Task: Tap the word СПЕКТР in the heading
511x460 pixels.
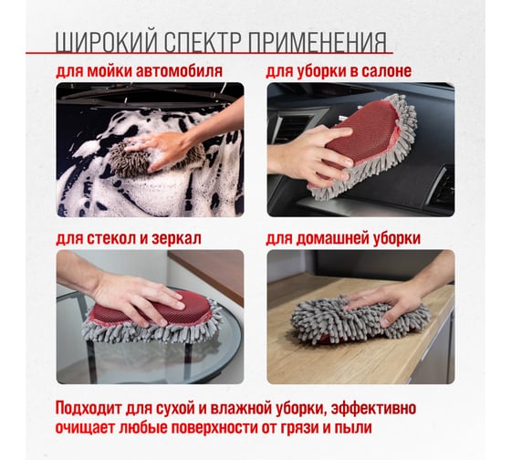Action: point(203,42)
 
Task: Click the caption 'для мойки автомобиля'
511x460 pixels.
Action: point(139,71)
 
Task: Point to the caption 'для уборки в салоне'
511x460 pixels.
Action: point(339,71)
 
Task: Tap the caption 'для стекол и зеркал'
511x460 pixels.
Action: point(129,238)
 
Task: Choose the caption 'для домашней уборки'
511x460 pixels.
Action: point(343,238)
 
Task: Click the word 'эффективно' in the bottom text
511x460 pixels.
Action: point(374,408)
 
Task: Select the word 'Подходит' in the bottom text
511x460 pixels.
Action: point(89,408)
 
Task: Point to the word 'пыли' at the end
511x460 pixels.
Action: point(354,428)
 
